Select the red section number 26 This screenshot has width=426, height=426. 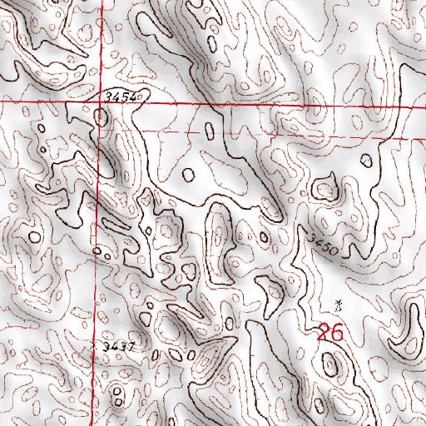pos(330,333)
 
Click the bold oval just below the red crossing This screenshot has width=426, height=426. pos(102,118)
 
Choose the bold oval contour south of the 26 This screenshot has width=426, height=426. pos(331,363)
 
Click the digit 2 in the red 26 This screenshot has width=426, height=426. pos(324,333)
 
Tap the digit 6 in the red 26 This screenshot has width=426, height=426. pos(336,333)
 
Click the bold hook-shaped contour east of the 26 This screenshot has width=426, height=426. pos(409,333)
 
